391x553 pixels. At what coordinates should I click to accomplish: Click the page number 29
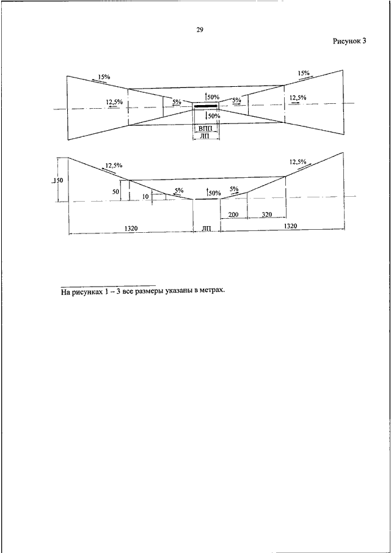point(200,30)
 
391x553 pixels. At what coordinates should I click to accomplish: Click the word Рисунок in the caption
point(346,42)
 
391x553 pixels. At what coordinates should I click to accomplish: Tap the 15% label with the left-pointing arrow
point(104,77)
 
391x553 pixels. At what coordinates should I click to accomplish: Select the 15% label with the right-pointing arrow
point(303,74)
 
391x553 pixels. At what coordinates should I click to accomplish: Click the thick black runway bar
point(205,106)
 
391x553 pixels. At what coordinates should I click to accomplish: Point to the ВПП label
point(205,128)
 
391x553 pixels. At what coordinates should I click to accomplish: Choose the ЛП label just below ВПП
point(205,136)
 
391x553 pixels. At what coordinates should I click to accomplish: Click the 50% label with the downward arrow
point(213,116)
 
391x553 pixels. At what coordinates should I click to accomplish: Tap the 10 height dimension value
point(145,197)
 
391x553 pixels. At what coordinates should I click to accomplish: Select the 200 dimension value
point(233,214)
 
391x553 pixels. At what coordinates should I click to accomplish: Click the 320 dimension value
point(267,214)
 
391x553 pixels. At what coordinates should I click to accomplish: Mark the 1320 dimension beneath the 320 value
point(290,226)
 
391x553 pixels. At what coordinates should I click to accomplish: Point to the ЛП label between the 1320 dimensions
point(206,229)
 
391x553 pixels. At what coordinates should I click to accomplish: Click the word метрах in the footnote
point(211,291)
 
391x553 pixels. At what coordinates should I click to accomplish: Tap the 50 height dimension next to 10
point(115,191)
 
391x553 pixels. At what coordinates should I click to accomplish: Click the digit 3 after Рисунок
point(364,41)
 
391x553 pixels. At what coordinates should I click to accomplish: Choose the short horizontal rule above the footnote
point(108,285)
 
